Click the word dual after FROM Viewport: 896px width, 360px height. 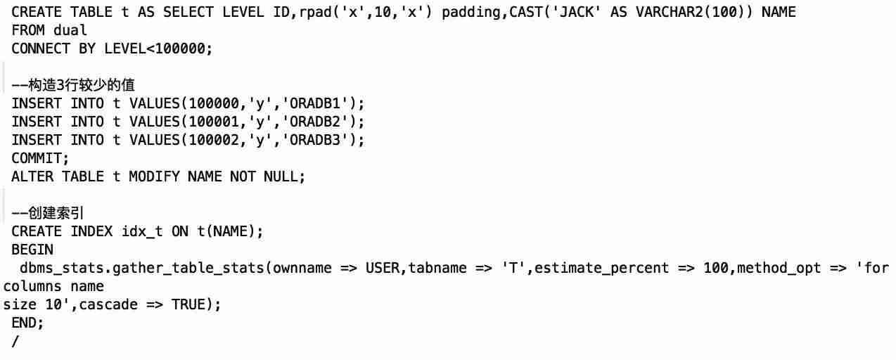pyautogui.click(x=70, y=30)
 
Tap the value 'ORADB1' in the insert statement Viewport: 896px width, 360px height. pyautogui.click(x=315, y=103)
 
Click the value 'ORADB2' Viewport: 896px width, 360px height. pyautogui.click(x=315, y=122)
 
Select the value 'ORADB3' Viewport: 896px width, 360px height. pyautogui.click(x=315, y=141)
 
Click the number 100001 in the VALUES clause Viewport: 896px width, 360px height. pyautogui.click(x=214, y=122)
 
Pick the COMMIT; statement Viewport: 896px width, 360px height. pyautogui.click(x=40, y=158)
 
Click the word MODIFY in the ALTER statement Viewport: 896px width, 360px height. pyautogui.click(x=155, y=176)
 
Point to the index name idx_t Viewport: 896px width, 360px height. pyautogui.click(x=142, y=231)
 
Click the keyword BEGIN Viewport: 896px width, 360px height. pyautogui.click(x=32, y=250)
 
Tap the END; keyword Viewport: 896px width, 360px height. pyautogui.click(x=27, y=323)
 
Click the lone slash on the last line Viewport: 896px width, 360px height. pyautogui.click(x=15, y=342)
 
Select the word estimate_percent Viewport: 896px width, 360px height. pyautogui.click(x=601, y=269)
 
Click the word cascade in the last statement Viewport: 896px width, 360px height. pyautogui.click(x=108, y=304)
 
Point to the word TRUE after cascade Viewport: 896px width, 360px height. pyautogui.click(x=188, y=304)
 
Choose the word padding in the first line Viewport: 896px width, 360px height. pyautogui.click(x=471, y=13)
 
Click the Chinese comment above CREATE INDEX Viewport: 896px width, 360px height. pyautogui.click(x=48, y=213)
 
